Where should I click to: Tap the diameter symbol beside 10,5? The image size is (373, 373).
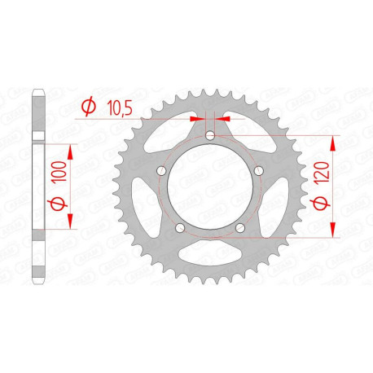coord(89,106)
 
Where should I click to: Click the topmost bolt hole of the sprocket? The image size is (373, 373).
coord(209,136)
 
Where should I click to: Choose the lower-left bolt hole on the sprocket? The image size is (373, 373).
coord(179,228)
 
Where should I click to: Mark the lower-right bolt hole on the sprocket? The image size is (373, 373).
coord(239,228)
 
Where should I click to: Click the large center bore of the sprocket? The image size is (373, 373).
coord(209,189)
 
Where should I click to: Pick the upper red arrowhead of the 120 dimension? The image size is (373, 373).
coord(332,141)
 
